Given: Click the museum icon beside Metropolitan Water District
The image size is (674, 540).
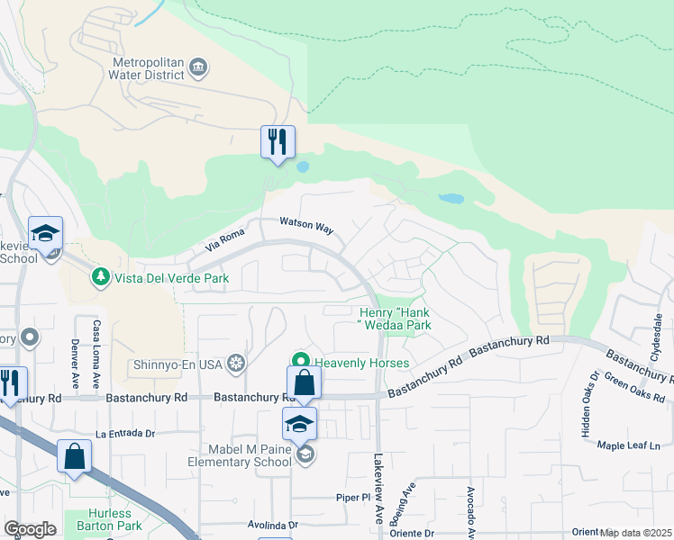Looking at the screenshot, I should pos(199,67).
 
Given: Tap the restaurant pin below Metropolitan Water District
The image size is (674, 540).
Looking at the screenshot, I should pos(278,141).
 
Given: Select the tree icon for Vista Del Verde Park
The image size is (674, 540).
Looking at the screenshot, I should pos(102,277).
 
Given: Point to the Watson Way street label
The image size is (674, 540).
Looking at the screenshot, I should pos(306,225).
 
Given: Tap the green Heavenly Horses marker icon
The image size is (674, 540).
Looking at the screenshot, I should pos(305,363).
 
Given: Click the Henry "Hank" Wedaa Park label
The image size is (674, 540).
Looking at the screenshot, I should pos(390,318).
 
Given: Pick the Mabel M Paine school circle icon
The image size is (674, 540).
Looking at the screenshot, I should pos(306,456).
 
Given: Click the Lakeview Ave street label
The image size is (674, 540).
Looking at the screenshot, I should pos(379,481).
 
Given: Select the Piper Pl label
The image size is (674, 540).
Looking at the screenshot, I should pos(353,496).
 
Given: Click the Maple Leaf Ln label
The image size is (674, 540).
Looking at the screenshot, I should pos(629,445).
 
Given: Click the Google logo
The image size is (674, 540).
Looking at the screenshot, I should pos(30,528).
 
